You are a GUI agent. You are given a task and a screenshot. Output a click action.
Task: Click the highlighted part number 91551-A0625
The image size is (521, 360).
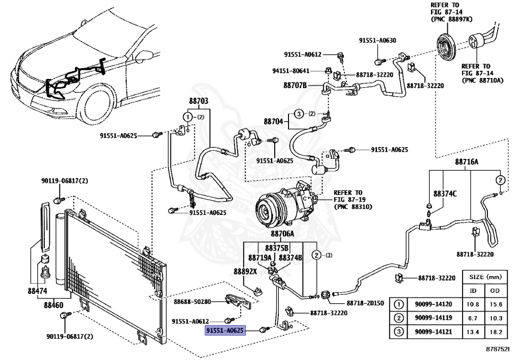point(225,331)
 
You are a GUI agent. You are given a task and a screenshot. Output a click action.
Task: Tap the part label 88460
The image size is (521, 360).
point(53,306)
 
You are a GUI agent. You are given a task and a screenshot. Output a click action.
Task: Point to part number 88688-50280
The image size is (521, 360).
point(192,302)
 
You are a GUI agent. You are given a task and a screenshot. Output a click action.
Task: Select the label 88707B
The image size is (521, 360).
point(295,86)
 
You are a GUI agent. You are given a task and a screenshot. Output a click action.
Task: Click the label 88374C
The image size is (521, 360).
point(445,194)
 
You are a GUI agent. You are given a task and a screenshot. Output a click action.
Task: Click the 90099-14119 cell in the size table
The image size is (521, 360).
point(433,318)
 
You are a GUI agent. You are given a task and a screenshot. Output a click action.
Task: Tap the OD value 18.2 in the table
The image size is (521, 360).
point(496,332)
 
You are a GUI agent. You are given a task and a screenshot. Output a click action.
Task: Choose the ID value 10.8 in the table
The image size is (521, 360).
point(473,304)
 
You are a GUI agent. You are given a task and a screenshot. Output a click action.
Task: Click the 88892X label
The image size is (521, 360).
point(245,271)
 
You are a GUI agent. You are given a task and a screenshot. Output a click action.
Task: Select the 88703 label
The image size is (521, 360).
point(199,101)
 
